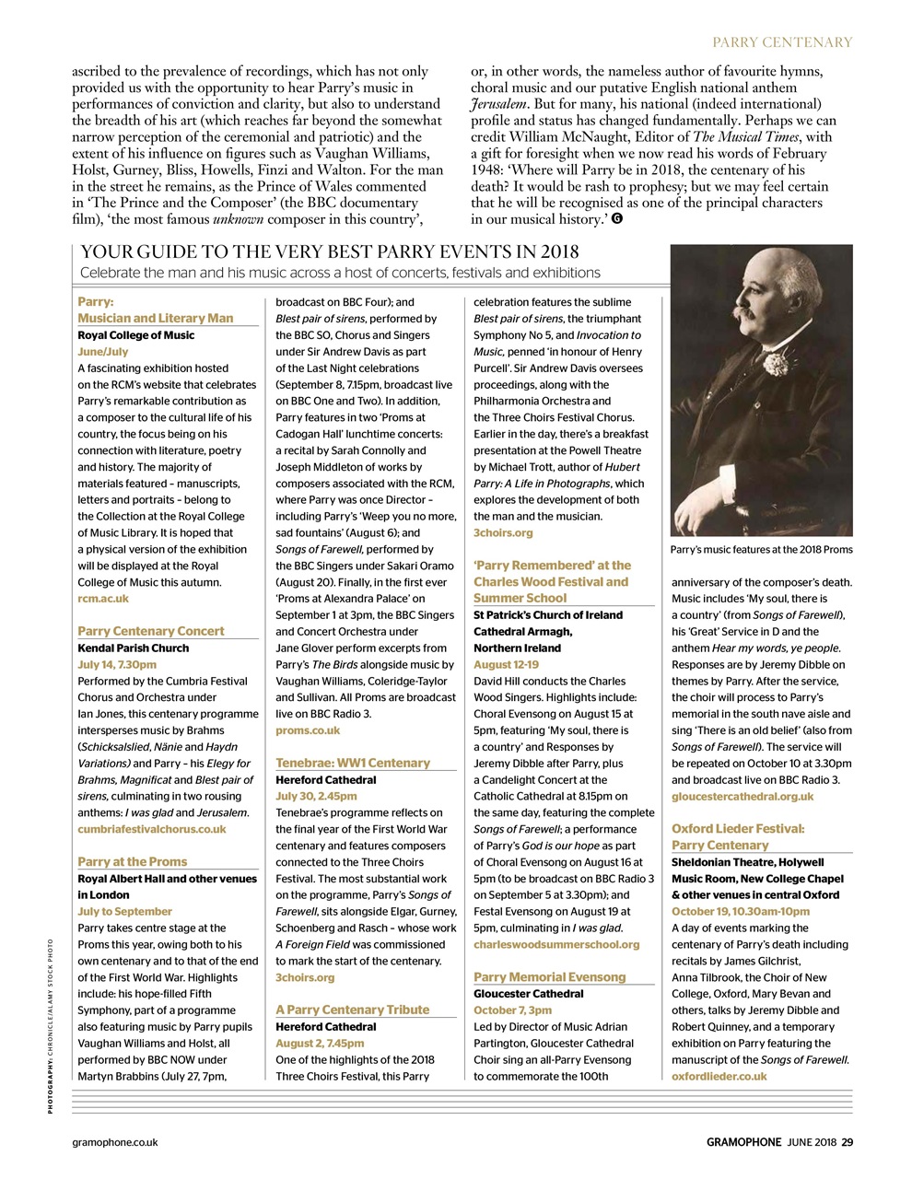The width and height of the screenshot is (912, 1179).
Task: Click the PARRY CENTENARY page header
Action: [783, 41]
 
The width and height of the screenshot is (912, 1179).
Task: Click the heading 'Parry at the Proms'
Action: [133, 861]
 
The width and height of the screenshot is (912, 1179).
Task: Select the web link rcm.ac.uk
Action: [103, 599]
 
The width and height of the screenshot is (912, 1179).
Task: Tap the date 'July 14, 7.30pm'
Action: [117, 664]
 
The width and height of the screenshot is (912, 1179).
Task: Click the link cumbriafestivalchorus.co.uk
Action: [152, 829]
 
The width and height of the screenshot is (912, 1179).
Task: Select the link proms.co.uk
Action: [308, 730]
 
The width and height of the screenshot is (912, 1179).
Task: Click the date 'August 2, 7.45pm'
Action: [320, 1043]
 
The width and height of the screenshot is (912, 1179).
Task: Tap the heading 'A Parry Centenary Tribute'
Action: [353, 1010]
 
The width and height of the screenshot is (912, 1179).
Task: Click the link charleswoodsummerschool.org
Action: [556, 944]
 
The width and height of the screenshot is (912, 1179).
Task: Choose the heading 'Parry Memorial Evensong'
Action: [550, 976]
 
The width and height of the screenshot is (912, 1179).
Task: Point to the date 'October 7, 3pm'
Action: [513, 1010]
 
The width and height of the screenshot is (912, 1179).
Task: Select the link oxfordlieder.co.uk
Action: [719, 1076]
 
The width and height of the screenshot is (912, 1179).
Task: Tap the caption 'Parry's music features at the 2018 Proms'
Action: [762, 550]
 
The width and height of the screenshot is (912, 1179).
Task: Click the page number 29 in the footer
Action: [847, 1142]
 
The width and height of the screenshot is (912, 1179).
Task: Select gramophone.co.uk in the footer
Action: [115, 1142]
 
